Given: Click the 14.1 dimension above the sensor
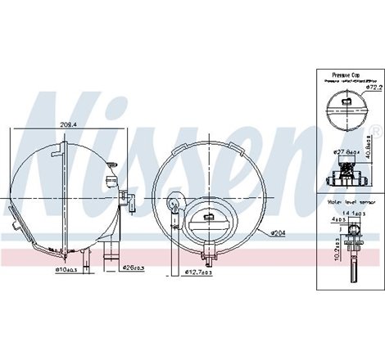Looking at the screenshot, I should click(350, 212).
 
